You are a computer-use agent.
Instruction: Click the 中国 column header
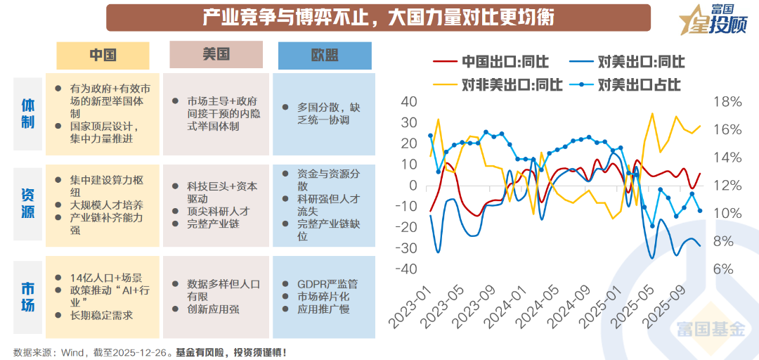pos(103,56)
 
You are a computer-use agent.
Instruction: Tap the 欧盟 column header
pos(325,56)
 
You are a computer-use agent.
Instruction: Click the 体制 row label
pos(27,113)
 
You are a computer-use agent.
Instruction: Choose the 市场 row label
pos(27,295)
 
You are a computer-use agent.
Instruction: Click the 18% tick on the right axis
pos(727,102)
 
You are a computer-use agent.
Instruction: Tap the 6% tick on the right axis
pos(727,269)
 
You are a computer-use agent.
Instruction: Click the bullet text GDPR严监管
pos(328,283)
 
